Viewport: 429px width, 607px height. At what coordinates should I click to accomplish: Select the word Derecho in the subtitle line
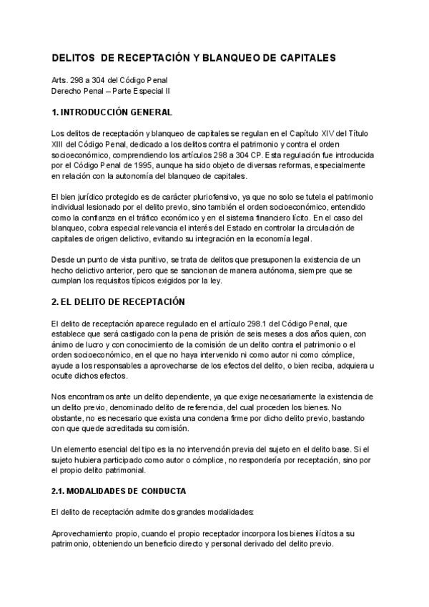(68, 91)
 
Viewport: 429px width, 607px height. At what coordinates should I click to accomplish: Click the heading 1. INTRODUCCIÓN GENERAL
(112, 112)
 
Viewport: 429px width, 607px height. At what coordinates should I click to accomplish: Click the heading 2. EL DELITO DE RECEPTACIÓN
(118, 301)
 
